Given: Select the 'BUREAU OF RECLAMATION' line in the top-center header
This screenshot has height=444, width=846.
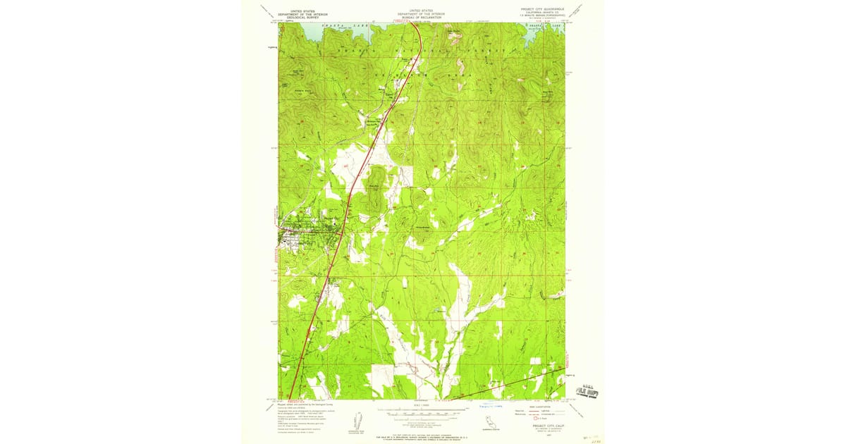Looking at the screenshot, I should coord(422,17).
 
